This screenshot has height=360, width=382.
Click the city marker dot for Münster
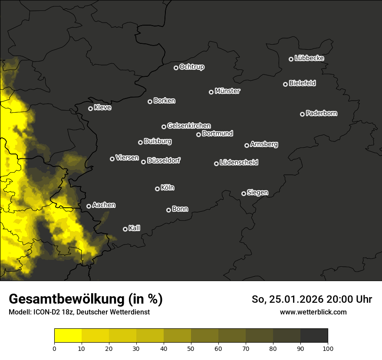pos(211,92)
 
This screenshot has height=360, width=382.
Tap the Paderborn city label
pos(321,113)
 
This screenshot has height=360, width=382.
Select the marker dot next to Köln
pos(157,189)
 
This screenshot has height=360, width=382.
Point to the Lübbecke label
pos(309,58)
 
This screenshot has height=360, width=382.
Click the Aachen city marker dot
pos(89,206)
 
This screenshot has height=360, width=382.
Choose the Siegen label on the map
pos(257,193)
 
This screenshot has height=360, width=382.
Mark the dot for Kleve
pos(90,108)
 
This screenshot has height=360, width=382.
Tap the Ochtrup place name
pos(191,67)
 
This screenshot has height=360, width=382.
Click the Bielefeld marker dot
pos(285,84)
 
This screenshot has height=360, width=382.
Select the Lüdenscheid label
pos(239,163)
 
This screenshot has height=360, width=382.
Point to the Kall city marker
pos(125,229)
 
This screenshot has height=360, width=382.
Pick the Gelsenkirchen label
pos(189,126)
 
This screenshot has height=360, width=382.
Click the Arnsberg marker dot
pos(247,145)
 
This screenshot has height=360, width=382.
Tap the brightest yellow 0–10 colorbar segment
pos(68,335)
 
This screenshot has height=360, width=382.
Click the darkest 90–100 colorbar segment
pos(314,335)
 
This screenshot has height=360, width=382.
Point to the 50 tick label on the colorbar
pos(191,348)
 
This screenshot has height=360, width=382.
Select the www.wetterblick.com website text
pos(313,312)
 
